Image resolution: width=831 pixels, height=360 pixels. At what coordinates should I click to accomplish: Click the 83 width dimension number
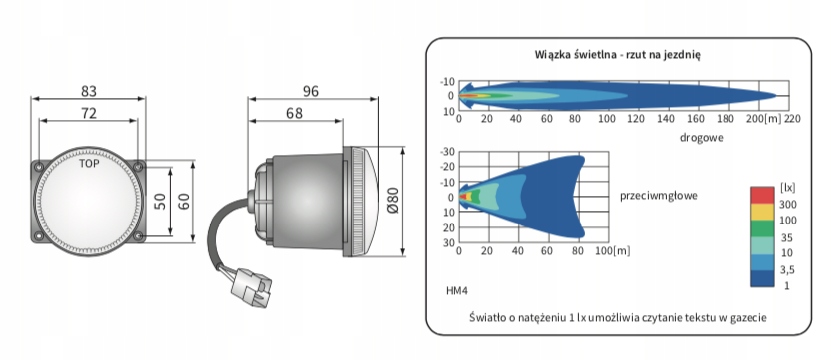[89, 91]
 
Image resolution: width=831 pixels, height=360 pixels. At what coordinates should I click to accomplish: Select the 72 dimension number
[89, 113]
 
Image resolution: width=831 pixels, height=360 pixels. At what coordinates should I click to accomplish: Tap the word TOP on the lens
[89, 164]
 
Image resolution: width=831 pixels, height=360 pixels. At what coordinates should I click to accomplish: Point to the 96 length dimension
[311, 91]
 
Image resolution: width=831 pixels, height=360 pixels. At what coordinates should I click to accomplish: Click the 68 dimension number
[294, 113]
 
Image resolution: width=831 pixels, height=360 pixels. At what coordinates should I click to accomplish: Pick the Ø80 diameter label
[393, 200]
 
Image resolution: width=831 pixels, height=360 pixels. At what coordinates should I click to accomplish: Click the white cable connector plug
[251, 287]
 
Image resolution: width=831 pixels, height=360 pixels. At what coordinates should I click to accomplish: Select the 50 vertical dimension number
[160, 201]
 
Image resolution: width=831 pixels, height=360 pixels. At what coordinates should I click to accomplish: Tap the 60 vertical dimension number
[183, 201]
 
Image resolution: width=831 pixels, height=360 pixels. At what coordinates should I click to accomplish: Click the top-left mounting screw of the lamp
[39, 167]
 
